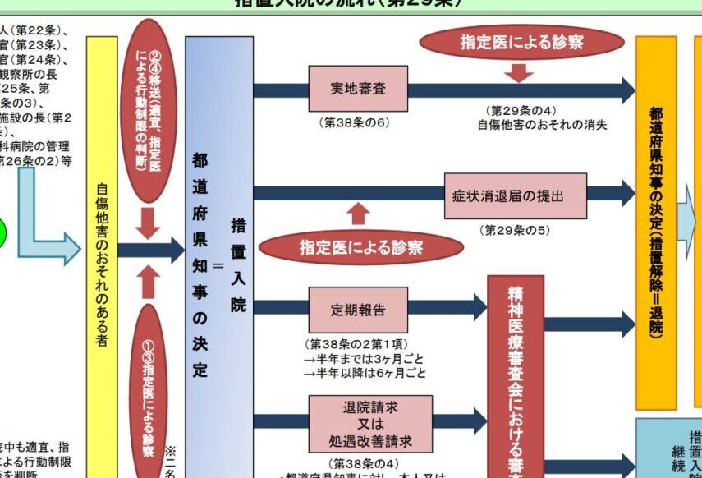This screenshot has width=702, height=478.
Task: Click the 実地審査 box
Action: (x=358, y=89)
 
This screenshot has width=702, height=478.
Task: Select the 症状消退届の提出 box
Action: (x=516, y=195)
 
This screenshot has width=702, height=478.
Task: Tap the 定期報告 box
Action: (x=358, y=310)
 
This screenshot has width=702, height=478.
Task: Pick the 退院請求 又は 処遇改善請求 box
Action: (x=370, y=424)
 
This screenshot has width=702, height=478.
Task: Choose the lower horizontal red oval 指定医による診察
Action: (x=362, y=246)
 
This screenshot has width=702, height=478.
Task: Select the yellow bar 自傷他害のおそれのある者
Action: (x=102, y=255)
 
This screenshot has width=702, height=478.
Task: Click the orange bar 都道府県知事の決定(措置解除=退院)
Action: (x=656, y=222)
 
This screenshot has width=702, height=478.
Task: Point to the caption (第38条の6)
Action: (x=353, y=122)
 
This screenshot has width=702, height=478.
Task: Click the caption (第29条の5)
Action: (x=515, y=230)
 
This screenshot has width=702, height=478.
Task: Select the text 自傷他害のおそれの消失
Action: (x=542, y=125)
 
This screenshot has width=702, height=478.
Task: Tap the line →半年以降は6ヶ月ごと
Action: (x=365, y=373)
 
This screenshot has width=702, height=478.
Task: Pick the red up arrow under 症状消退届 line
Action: (x=358, y=214)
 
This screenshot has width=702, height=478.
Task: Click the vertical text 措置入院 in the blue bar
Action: (x=238, y=267)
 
